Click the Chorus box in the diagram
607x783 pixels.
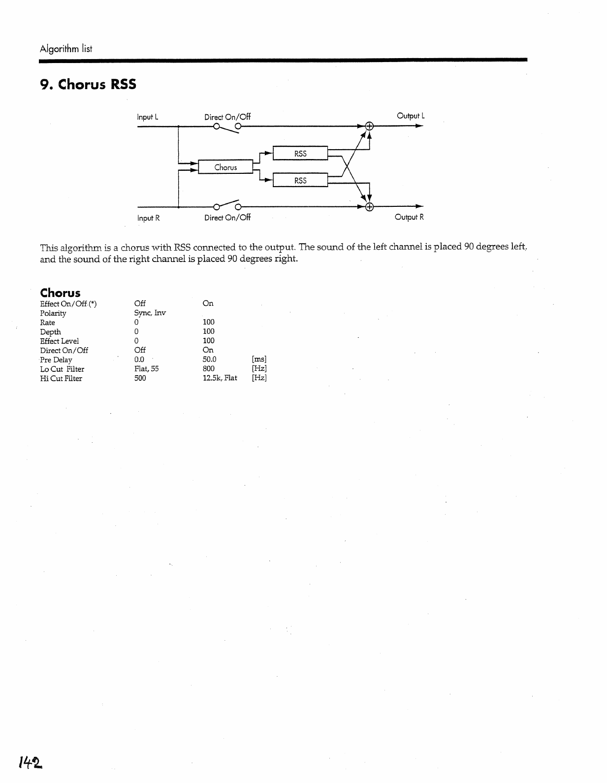point(225,167)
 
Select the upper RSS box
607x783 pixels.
point(300,154)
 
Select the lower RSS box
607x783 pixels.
point(300,181)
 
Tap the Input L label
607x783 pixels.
point(147,117)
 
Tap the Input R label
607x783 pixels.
point(148,218)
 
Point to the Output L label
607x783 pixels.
point(411,116)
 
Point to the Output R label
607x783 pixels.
point(409,217)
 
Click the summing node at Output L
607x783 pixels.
point(370,126)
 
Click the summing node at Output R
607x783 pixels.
point(370,206)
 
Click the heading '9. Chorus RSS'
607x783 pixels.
point(88,85)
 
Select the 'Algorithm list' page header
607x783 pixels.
point(66,49)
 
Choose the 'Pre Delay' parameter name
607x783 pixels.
point(56,360)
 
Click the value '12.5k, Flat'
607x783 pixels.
point(220,378)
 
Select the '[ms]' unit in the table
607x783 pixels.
point(259,359)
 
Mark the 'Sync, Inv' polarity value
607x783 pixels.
point(150,313)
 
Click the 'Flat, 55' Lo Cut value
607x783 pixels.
point(146,369)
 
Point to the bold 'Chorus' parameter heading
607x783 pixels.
point(60,293)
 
